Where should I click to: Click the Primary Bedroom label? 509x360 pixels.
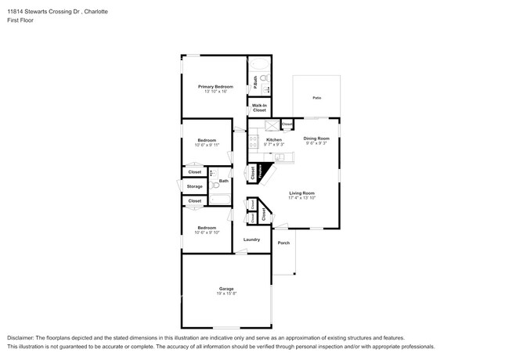click(212, 86)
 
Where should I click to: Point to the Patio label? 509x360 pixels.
click(316, 98)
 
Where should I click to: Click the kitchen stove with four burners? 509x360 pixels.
click(254, 142)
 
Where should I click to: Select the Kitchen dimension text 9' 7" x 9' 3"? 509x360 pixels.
click(273, 144)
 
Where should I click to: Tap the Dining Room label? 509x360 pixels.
click(317, 139)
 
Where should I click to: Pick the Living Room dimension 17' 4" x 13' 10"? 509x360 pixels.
click(301, 197)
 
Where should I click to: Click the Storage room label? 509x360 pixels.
click(194, 186)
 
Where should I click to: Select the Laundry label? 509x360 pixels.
click(251, 239)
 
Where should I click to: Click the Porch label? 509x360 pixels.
click(283, 243)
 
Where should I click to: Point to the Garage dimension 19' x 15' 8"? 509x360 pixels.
click(226, 293)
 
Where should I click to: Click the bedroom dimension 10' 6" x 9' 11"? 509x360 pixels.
click(207, 145)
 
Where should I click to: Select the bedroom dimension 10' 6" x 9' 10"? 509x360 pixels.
click(207, 232)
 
